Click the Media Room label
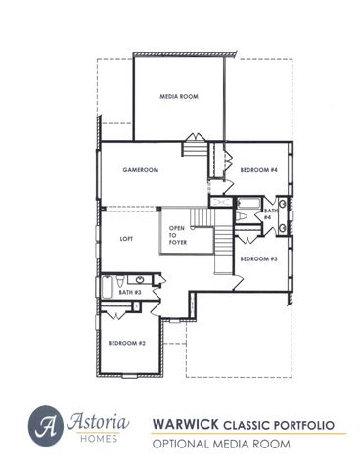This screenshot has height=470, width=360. [179, 96]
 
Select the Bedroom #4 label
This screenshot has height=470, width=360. [259, 170]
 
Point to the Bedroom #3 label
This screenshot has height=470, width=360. [259, 258]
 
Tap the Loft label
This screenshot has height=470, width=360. [126, 238]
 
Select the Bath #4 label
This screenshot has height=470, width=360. [267, 213]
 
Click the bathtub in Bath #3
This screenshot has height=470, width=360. [108, 290]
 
